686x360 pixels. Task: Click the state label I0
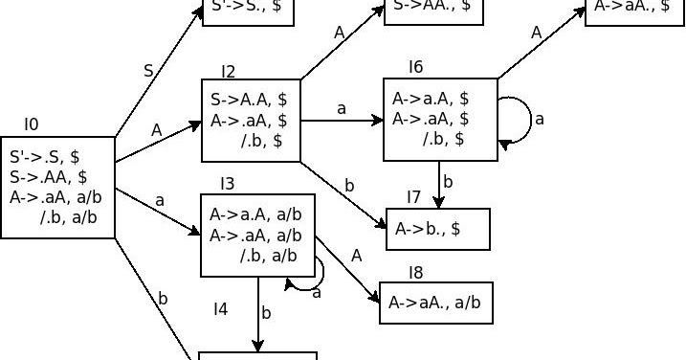pos(32,124)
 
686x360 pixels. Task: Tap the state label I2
pos(228,71)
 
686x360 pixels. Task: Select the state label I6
pos(415,66)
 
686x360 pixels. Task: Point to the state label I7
pos(413,197)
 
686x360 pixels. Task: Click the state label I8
pos(415,273)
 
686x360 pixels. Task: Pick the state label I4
pos(220,308)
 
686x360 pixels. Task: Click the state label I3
pos(228,183)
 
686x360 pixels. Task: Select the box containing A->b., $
pos(438,228)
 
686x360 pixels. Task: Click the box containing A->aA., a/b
pos(436,303)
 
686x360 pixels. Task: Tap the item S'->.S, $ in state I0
pos(45,156)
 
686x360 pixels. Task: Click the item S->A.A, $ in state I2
pos(249,100)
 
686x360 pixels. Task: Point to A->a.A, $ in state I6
pos(430,99)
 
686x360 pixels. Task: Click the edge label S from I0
pos(147,71)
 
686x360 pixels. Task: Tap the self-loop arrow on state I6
pos(522,119)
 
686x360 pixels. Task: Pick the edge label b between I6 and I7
pos(447,181)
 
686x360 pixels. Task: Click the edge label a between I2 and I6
pos(341,108)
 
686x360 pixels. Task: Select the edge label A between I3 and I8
pos(356,256)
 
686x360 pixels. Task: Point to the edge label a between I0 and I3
pos(159,200)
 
